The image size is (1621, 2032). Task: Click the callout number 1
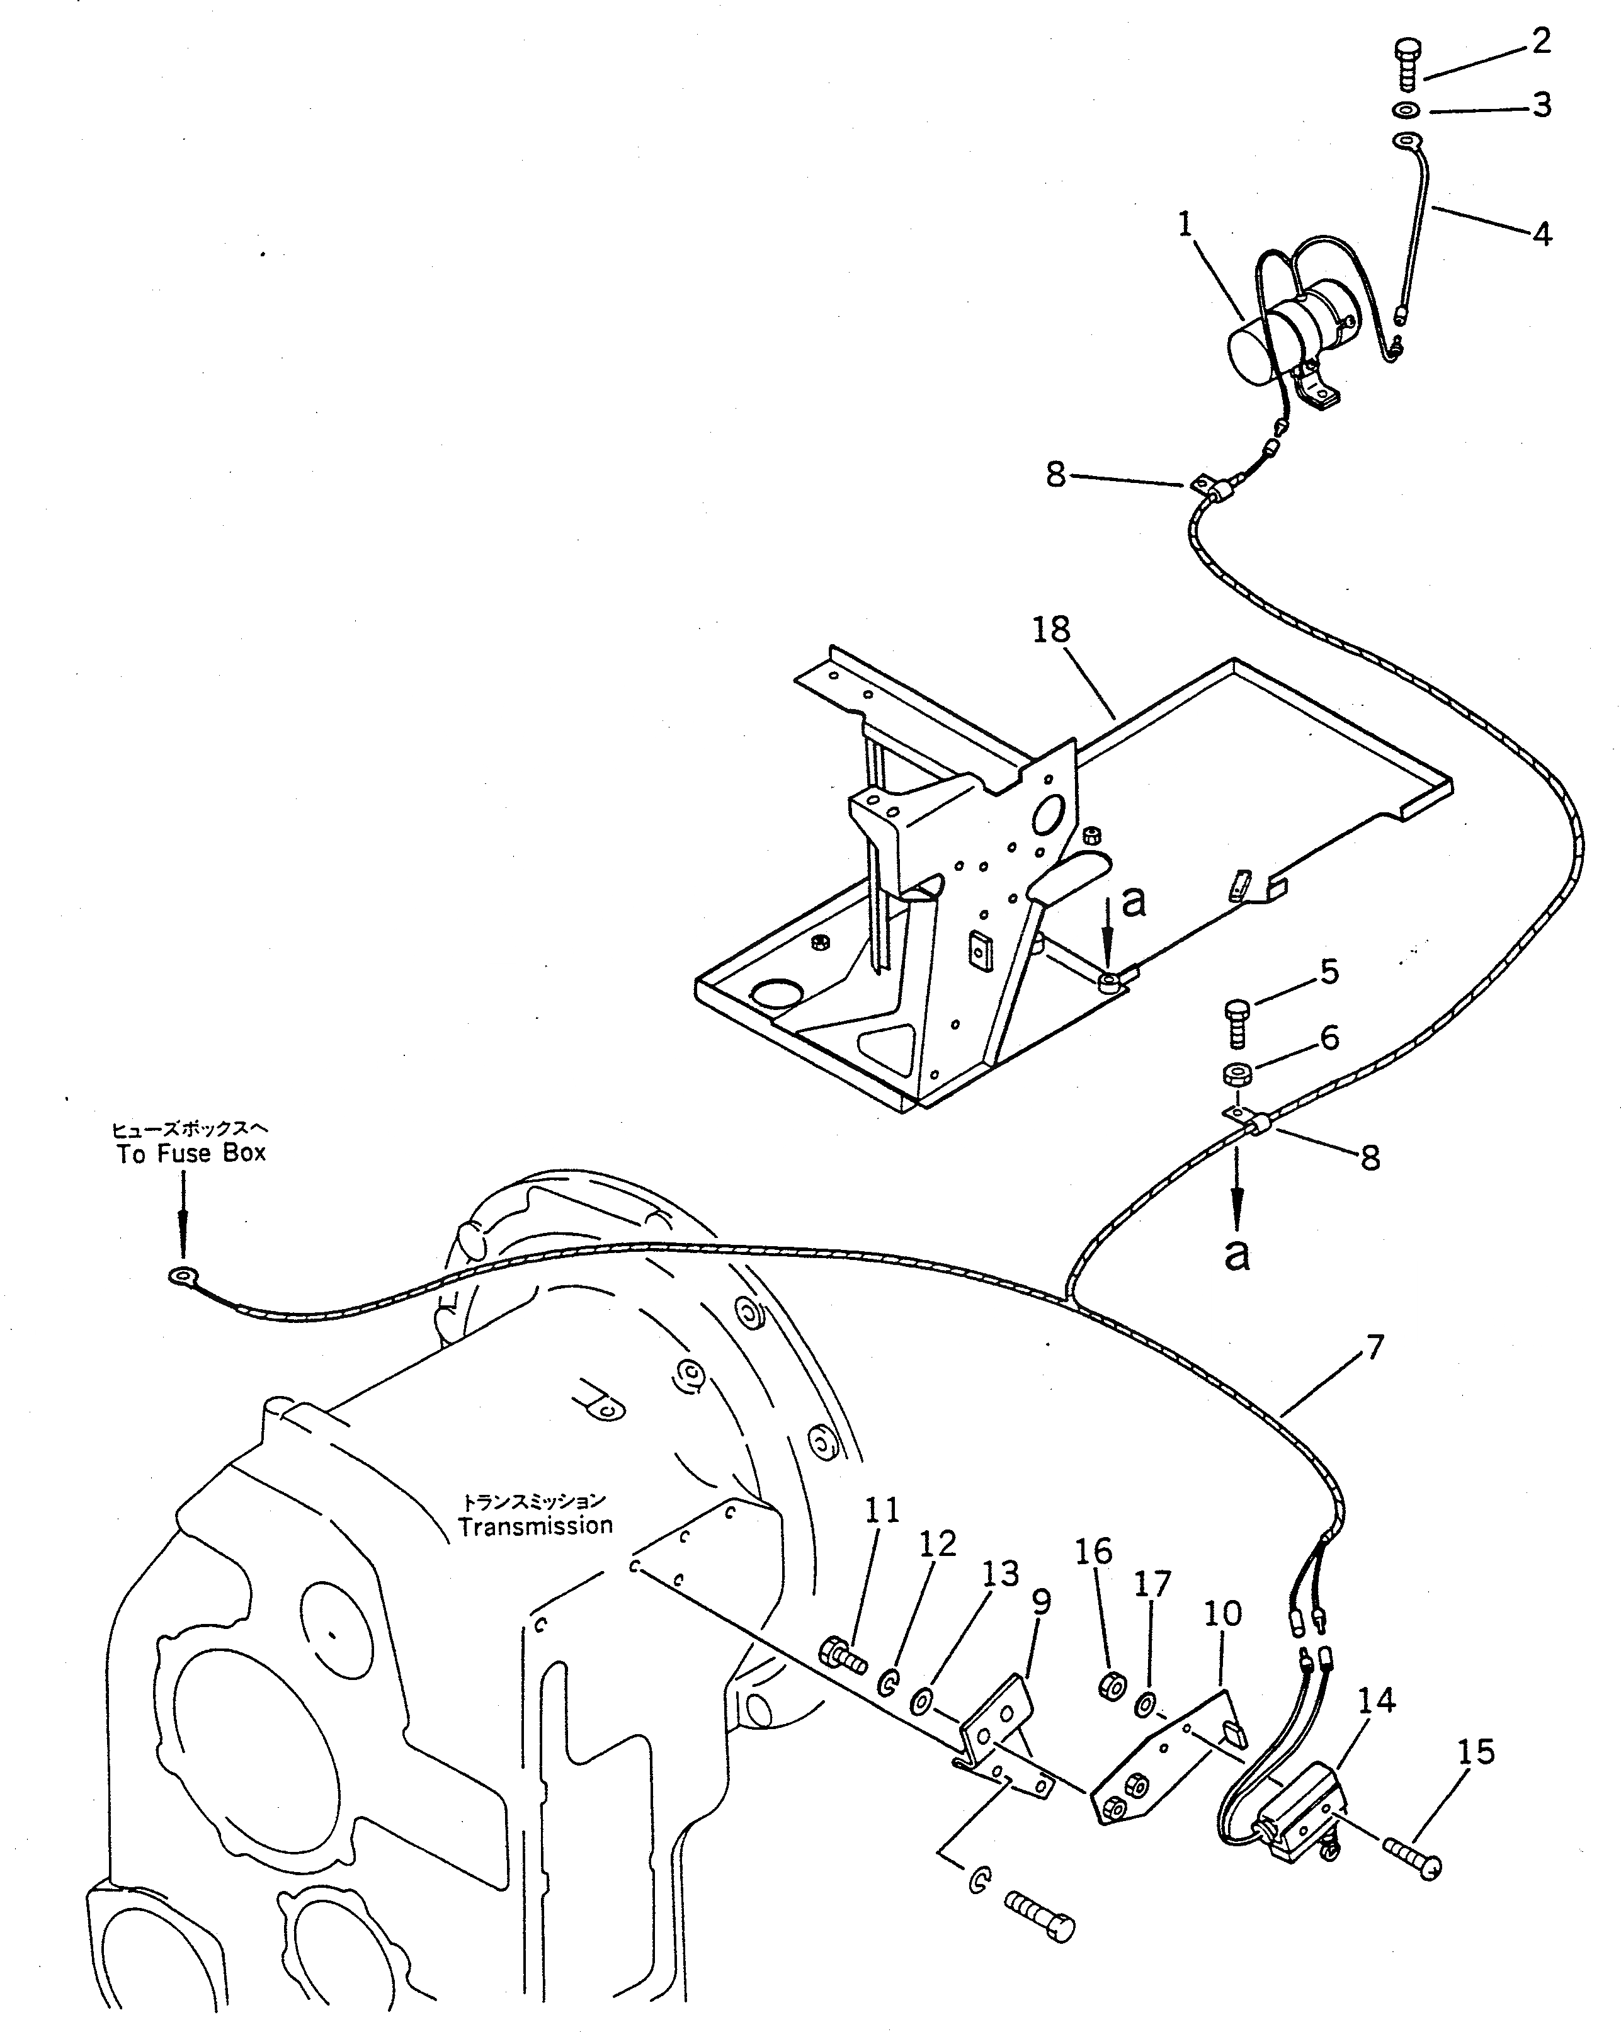tap(1185, 224)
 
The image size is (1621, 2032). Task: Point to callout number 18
tap(1051, 630)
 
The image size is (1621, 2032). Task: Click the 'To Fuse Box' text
tap(191, 1153)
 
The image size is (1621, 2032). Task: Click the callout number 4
tap(1541, 233)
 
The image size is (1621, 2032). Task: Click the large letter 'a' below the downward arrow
tap(1236, 1254)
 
